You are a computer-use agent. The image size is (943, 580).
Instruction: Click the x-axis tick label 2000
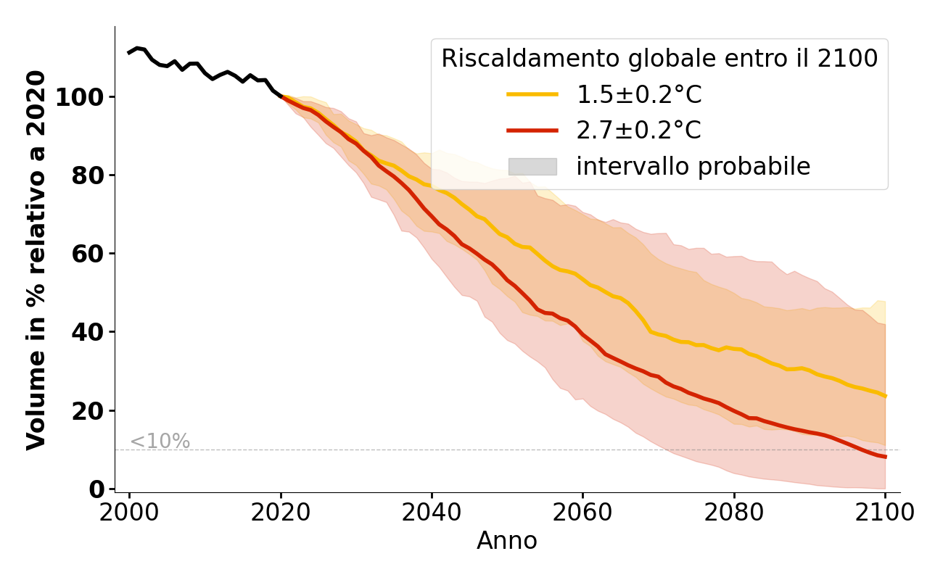click(130, 512)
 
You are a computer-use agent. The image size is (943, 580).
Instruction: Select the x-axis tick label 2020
click(281, 512)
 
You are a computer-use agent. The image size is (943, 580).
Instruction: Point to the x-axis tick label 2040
click(432, 512)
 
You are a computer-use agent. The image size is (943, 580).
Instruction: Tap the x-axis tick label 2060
click(582, 512)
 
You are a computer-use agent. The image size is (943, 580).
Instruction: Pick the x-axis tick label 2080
click(733, 512)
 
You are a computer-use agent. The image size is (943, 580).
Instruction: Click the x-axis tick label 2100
click(884, 512)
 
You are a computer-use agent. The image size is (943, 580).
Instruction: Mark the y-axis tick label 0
click(97, 489)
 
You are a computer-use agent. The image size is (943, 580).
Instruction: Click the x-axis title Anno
click(507, 541)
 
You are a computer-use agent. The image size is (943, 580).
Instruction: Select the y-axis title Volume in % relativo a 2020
click(36, 260)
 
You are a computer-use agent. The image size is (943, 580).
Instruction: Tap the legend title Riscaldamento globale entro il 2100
click(659, 59)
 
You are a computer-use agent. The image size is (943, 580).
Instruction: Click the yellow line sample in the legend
click(532, 94)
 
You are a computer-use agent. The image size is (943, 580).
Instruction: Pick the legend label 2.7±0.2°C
click(638, 130)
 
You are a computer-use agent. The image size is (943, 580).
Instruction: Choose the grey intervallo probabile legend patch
click(532, 167)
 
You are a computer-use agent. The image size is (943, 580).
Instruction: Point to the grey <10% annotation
click(160, 442)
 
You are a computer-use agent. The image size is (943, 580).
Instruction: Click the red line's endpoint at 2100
click(885, 457)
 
